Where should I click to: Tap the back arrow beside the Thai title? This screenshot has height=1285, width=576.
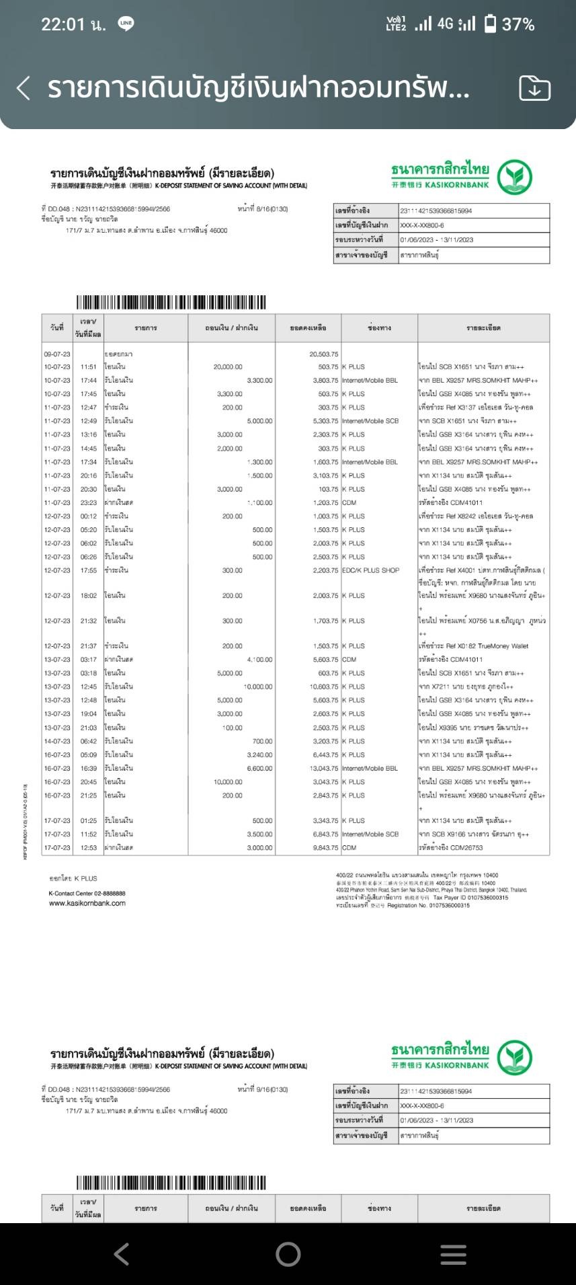[24, 88]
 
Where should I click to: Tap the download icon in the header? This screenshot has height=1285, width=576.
[534, 88]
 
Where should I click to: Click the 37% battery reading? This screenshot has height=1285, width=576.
[518, 25]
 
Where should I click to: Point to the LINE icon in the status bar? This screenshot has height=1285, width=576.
[126, 24]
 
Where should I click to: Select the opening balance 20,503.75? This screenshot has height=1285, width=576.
[324, 354]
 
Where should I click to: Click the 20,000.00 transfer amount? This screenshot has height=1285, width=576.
[228, 367]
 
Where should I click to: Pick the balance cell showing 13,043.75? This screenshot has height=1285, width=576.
[324, 768]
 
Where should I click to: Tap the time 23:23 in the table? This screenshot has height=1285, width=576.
[89, 502]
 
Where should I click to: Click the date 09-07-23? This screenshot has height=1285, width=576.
[57, 354]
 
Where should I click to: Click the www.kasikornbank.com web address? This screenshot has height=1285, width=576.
[87, 903]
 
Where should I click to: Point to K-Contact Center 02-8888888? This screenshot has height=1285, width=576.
[87, 893]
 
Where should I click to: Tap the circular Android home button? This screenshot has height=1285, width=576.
[288, 1254]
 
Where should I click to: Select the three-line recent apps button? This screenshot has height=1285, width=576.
[453, 1254]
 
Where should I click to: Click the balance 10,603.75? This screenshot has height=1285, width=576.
[324, 687]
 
